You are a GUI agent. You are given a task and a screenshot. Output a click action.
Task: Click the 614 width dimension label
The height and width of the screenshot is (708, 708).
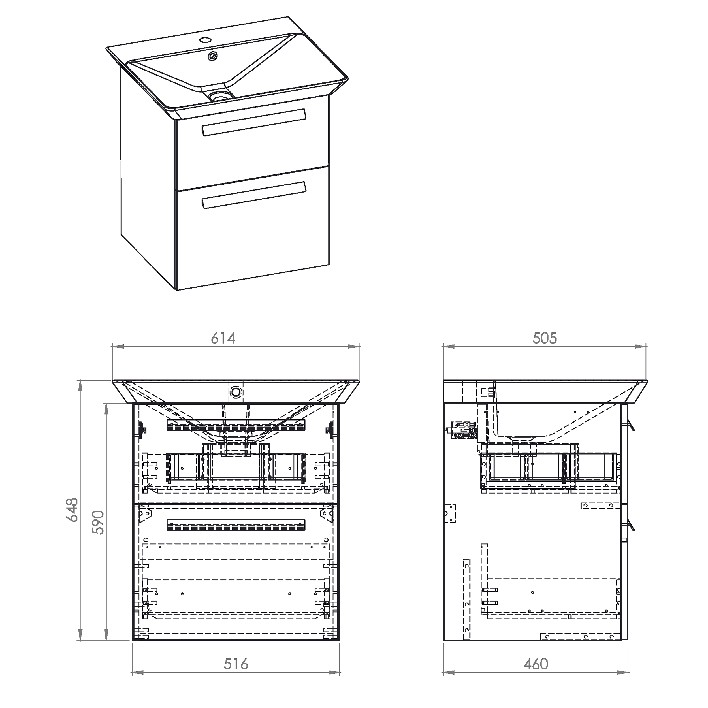tap(223, 338)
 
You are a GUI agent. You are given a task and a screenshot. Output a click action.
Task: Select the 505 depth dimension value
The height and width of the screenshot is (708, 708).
tap(545, 338)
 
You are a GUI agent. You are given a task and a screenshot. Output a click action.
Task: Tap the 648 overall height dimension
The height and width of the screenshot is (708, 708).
tap(72, 509)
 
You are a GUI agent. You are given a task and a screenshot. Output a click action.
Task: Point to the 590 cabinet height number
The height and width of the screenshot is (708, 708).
tap(98, 522)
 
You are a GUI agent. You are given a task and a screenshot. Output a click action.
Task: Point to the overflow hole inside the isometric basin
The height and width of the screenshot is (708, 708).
tap(213, 56)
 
